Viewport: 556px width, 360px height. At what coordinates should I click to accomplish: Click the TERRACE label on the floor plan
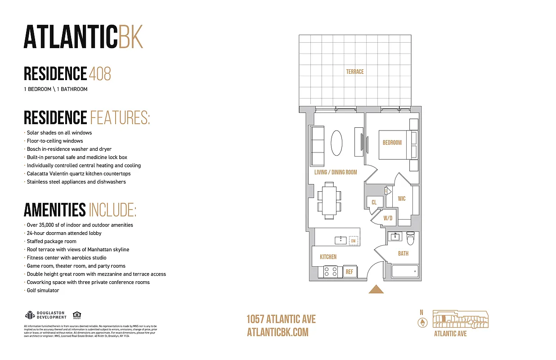[354, 72]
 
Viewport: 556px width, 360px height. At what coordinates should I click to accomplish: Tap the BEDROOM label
[392, 143]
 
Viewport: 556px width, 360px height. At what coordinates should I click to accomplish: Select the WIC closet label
[402, 198]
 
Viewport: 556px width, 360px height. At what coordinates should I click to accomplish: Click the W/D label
[387, 219]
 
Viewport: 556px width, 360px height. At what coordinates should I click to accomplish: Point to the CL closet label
[374, 202]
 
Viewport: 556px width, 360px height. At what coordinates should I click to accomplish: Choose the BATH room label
[403, 253]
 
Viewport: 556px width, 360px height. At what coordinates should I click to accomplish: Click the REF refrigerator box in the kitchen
[349, 272]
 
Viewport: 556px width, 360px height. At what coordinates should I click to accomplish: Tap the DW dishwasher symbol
[353, 241]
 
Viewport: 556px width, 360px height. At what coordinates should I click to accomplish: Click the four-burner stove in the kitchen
[331, 272]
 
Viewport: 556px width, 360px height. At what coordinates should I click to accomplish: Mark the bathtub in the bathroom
[405, 271]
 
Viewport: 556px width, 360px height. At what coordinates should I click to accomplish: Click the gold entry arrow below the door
[376, 289]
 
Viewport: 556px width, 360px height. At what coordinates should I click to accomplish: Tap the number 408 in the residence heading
[100, 73]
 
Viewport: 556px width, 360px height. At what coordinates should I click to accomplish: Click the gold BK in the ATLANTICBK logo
[130, 37]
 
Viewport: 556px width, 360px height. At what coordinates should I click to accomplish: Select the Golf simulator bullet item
[43, 290]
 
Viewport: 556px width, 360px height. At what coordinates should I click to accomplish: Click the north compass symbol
[422, 322]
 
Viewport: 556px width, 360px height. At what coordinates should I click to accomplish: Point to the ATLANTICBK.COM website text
[278, 332]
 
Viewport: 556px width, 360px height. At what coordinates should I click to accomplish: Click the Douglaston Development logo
[45, 315]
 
